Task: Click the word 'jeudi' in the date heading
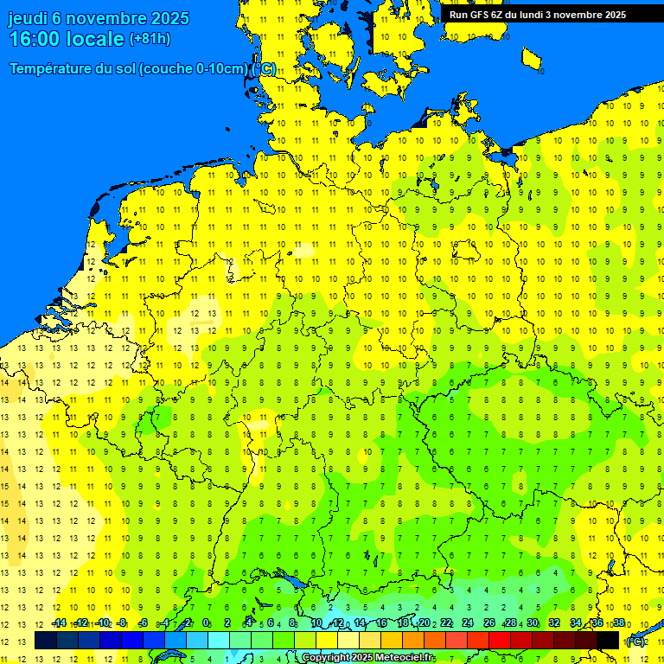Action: pyautogui.click(x=28, y=18)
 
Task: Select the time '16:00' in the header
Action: pyautogui.click(x=35, y=39)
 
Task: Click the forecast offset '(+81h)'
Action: pyautogui.click(x=150, y=39)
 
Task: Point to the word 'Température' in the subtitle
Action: pyautogui.click(x=52, y=69)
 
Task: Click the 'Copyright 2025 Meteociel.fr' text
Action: pyautogui.click(x=367, y=658)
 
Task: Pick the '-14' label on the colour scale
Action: pyautogui.click(x=58, y=622)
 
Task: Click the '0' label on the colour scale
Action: pyautogui.click(x=206, y=622)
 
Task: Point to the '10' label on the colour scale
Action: pyautogui.click(x=316, y=622)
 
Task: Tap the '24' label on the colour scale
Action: pyautogui.click(x=468, y=622)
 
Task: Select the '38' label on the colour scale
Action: pyautogui.click(x=619, y=622)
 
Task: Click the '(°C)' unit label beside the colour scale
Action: pyautogui.click(x=635, y=642)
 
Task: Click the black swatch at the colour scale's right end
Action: pyautogui.click(x=608, y=641)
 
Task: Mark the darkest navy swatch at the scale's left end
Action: pyautogui.click(x=46, y=641)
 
